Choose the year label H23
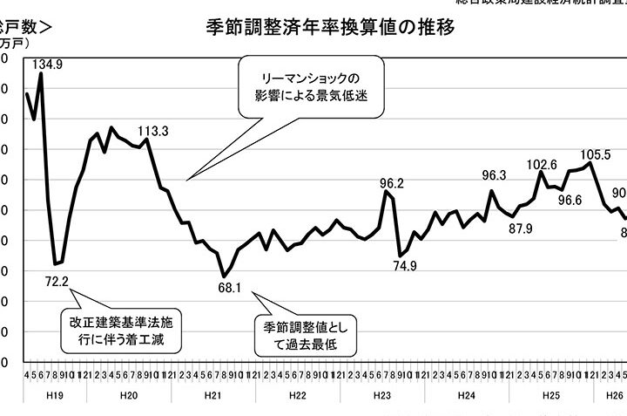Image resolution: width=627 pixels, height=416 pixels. [x=382, y=395]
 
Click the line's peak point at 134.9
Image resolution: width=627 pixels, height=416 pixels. [x=41, y=74]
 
